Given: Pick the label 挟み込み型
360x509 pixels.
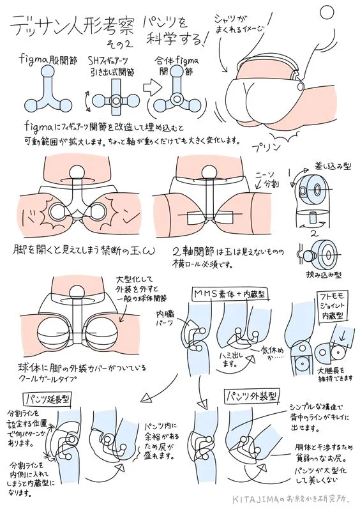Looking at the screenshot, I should coord(325,274).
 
